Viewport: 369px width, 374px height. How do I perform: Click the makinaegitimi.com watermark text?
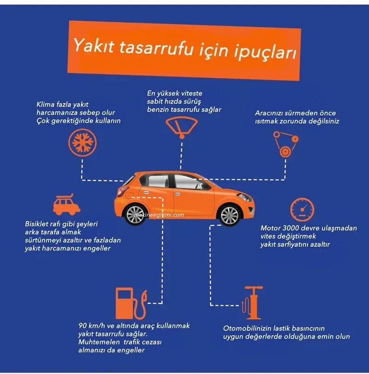click(159, 214)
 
